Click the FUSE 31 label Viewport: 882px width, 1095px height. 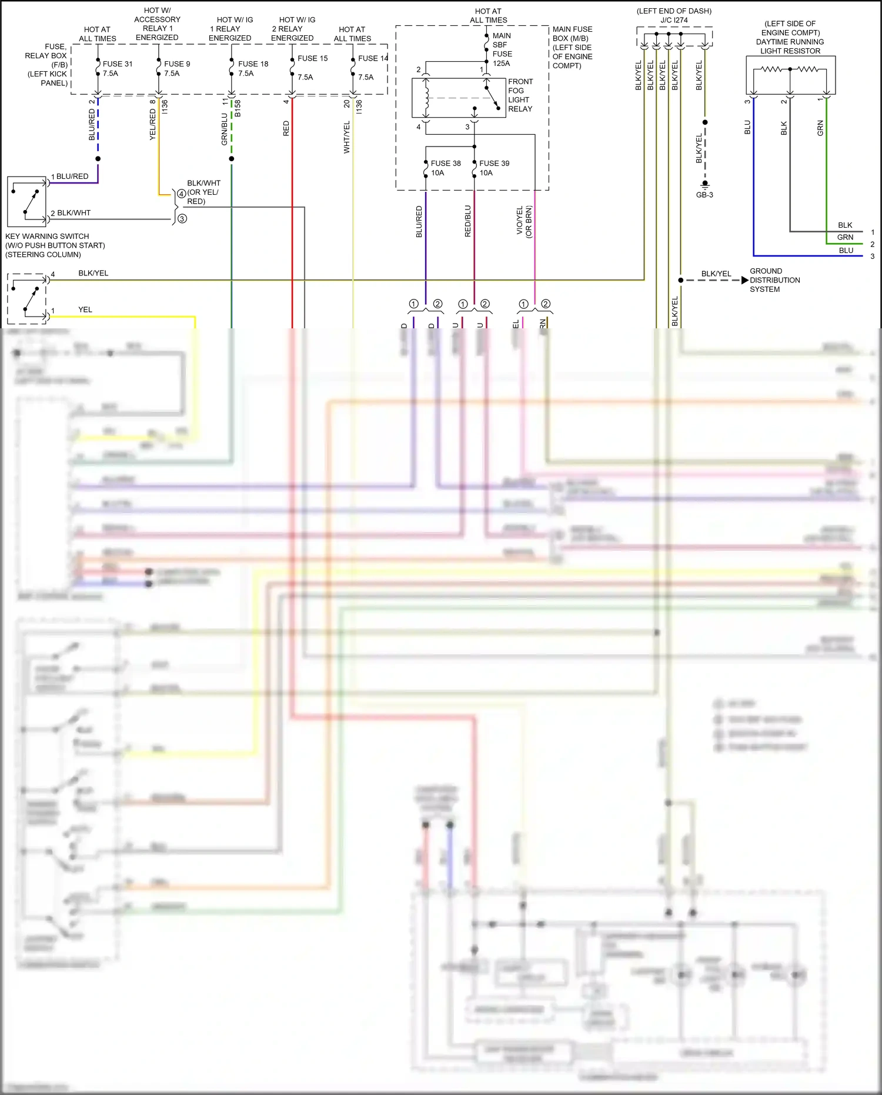pos(117,64)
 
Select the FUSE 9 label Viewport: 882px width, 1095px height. pos(176,64)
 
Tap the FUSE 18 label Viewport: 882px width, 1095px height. pos(253,64)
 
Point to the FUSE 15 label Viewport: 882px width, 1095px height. pos(312,58)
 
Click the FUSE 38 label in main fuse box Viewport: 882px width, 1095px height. pos(445,164)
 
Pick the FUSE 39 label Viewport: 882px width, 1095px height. pos(494,164)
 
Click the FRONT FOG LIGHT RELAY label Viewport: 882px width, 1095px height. pos(520,95)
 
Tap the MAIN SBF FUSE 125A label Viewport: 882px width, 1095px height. pos(502,49)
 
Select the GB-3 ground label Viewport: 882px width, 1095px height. pos(704,195)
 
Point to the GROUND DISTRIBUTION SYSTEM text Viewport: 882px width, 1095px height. pos(774,281)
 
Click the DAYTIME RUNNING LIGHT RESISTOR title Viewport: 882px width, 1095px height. pos(790,38)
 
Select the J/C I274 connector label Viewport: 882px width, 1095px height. pos(674,20)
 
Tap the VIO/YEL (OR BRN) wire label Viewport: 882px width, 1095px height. pos(523,221)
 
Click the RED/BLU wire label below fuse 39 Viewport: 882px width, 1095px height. pos(468,221)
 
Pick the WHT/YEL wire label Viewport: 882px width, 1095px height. pos(346,137)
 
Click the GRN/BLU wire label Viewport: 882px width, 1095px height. pos(224,129)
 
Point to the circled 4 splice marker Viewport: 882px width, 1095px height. pos(181,194)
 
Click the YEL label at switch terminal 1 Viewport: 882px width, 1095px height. pos(85,309)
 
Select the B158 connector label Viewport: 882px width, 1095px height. pos(238,108)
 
